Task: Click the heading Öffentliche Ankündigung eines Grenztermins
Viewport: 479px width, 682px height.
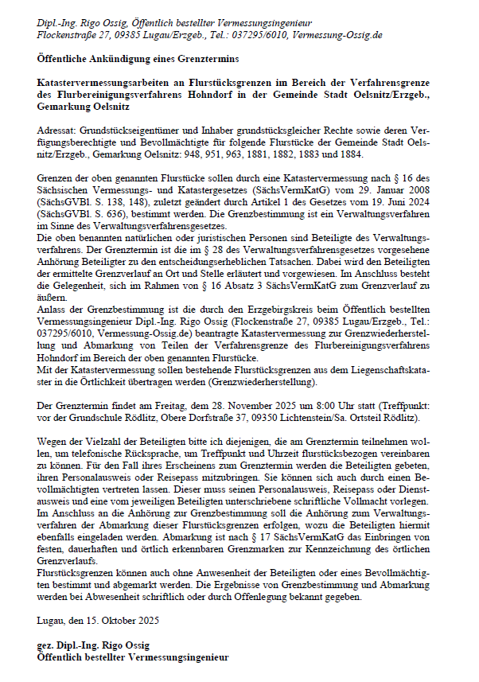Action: click(x=136, y=59)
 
